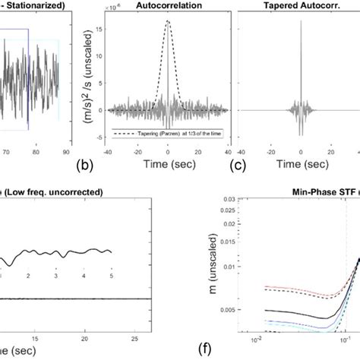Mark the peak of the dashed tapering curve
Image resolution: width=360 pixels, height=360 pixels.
pos(167,21)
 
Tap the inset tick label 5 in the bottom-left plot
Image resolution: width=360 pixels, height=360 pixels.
pos(111,278)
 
